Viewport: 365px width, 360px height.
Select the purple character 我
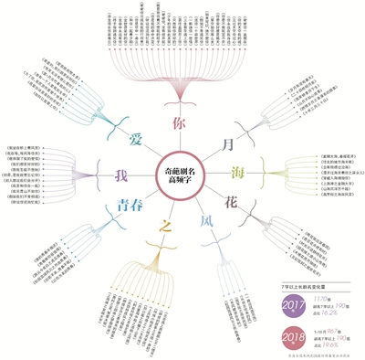tap(119, 175)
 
